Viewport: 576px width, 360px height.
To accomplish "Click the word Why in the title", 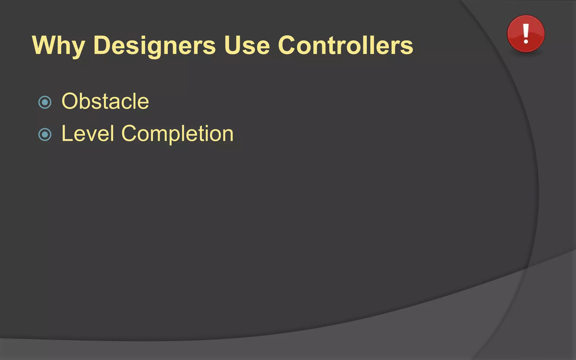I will [x=58, y=46].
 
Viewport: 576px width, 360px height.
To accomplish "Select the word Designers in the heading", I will [x=154, y=46].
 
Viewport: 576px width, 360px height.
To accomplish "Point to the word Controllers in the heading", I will [x=345, y=46].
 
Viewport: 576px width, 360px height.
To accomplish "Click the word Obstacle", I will [x=105, y=101].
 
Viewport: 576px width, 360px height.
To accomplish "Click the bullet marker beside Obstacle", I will [x=45, y=102].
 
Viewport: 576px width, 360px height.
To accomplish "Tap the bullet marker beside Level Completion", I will [x=45, y=134].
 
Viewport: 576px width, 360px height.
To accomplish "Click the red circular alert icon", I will [x=526, y=34].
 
